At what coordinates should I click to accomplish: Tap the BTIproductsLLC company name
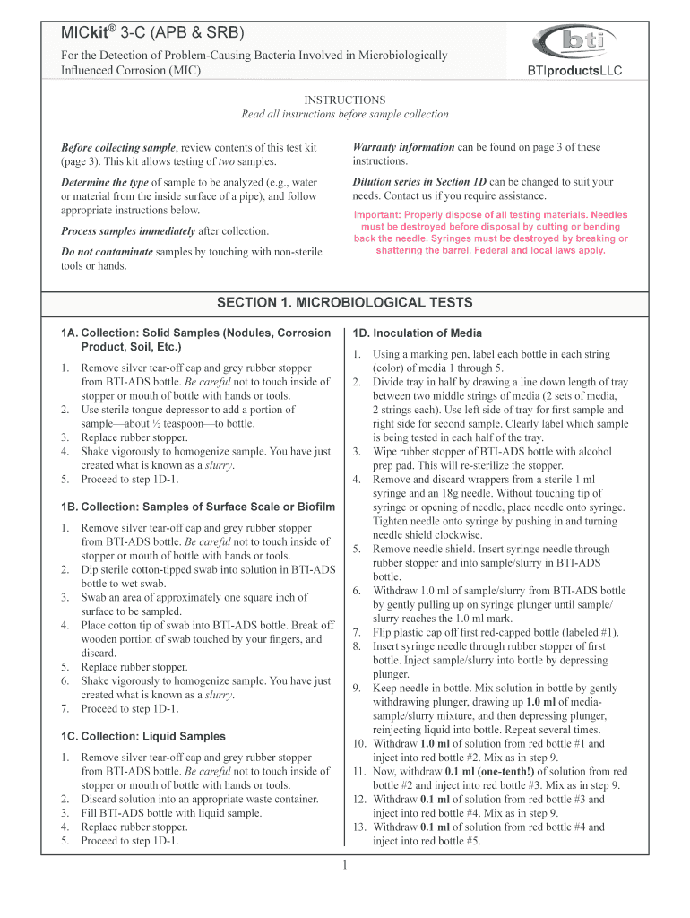tap(577, 71)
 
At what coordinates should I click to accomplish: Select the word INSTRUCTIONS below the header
tap(345, 100)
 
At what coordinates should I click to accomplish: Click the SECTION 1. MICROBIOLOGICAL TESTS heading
tap(345, 302)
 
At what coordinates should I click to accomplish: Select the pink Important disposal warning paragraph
tap(491, 232)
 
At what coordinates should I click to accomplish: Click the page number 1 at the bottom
tap(344, 864)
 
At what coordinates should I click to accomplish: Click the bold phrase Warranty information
tap(403, 147)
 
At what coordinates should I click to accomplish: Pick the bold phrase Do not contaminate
tap(106, 252)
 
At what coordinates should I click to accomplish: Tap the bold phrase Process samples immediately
tap(127, 230)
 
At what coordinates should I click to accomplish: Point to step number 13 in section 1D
tap(358, 827)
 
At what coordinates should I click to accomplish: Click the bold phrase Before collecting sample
tap(117, 147)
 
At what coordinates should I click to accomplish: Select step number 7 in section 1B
tap(65, 709)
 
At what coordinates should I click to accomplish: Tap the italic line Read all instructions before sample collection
tap(345, 115)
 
